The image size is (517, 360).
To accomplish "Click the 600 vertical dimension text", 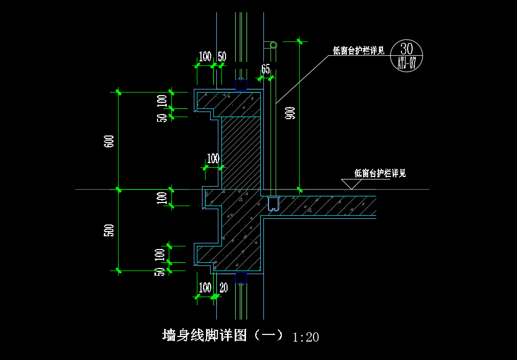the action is point(110,141).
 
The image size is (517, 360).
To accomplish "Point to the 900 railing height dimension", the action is point(291,113).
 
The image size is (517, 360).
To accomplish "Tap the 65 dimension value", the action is point(265,69).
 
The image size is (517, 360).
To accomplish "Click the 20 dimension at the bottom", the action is point(223,288).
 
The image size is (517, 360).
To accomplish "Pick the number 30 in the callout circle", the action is point(406,49).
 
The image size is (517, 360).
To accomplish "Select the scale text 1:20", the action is point(306,337).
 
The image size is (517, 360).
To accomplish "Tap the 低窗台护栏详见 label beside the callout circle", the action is point(359,51).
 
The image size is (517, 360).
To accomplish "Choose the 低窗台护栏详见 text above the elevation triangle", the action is point(380,173).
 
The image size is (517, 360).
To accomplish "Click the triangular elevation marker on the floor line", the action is point(351,184).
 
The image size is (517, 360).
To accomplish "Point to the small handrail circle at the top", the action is point(274,45).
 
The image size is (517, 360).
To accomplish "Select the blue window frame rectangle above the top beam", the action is point(241,85).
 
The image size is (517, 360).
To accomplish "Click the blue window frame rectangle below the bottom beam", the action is point(241,278).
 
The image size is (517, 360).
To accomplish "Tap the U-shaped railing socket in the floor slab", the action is point(274,204).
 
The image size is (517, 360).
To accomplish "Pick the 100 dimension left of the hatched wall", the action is point(213,159).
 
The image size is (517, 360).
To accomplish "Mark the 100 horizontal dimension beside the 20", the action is point(205,288).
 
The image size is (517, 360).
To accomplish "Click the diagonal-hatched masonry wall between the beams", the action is point(241,153).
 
